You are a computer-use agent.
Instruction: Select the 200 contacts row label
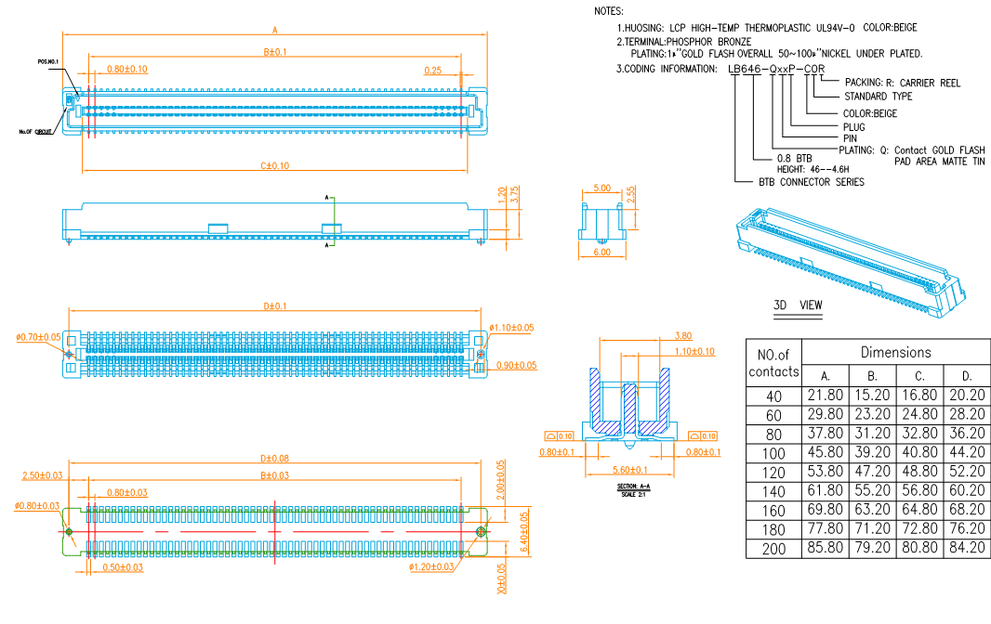(773, 549)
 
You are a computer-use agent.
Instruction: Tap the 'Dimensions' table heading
(895, 352)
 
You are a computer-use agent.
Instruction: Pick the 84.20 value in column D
(967, 549)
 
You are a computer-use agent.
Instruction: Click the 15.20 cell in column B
(872, 396)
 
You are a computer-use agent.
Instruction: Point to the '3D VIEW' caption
(798, 305)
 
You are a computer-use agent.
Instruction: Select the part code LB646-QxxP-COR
(776, 69)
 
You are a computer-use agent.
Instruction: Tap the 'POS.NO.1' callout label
(48, 61)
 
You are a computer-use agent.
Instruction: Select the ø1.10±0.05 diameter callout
(511, 328)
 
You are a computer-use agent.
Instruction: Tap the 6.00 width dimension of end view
(601, 253)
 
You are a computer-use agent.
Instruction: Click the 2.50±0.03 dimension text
(43, 475)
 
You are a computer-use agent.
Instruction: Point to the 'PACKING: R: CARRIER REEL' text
(903, 83)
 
